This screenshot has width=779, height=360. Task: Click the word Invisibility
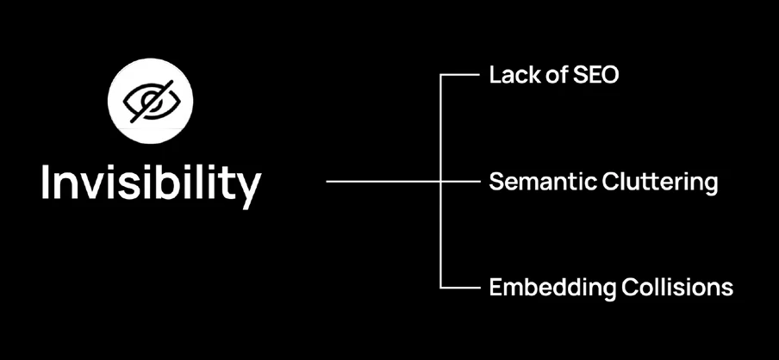(150, 183)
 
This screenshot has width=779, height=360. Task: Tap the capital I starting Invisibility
(47, 183)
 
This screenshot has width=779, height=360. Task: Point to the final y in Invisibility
(247, 188)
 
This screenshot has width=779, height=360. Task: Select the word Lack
(509, 76)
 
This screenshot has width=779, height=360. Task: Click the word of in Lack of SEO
(550, 76)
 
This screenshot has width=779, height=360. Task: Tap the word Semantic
(535, 182)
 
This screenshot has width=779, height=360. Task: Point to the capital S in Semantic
(495, 182)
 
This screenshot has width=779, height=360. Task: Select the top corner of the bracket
(441, 76)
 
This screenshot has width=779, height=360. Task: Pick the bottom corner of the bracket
(441, 288)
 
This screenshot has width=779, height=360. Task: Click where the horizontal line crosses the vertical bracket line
(441, 182)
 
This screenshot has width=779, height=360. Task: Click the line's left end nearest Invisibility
(327, 182)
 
